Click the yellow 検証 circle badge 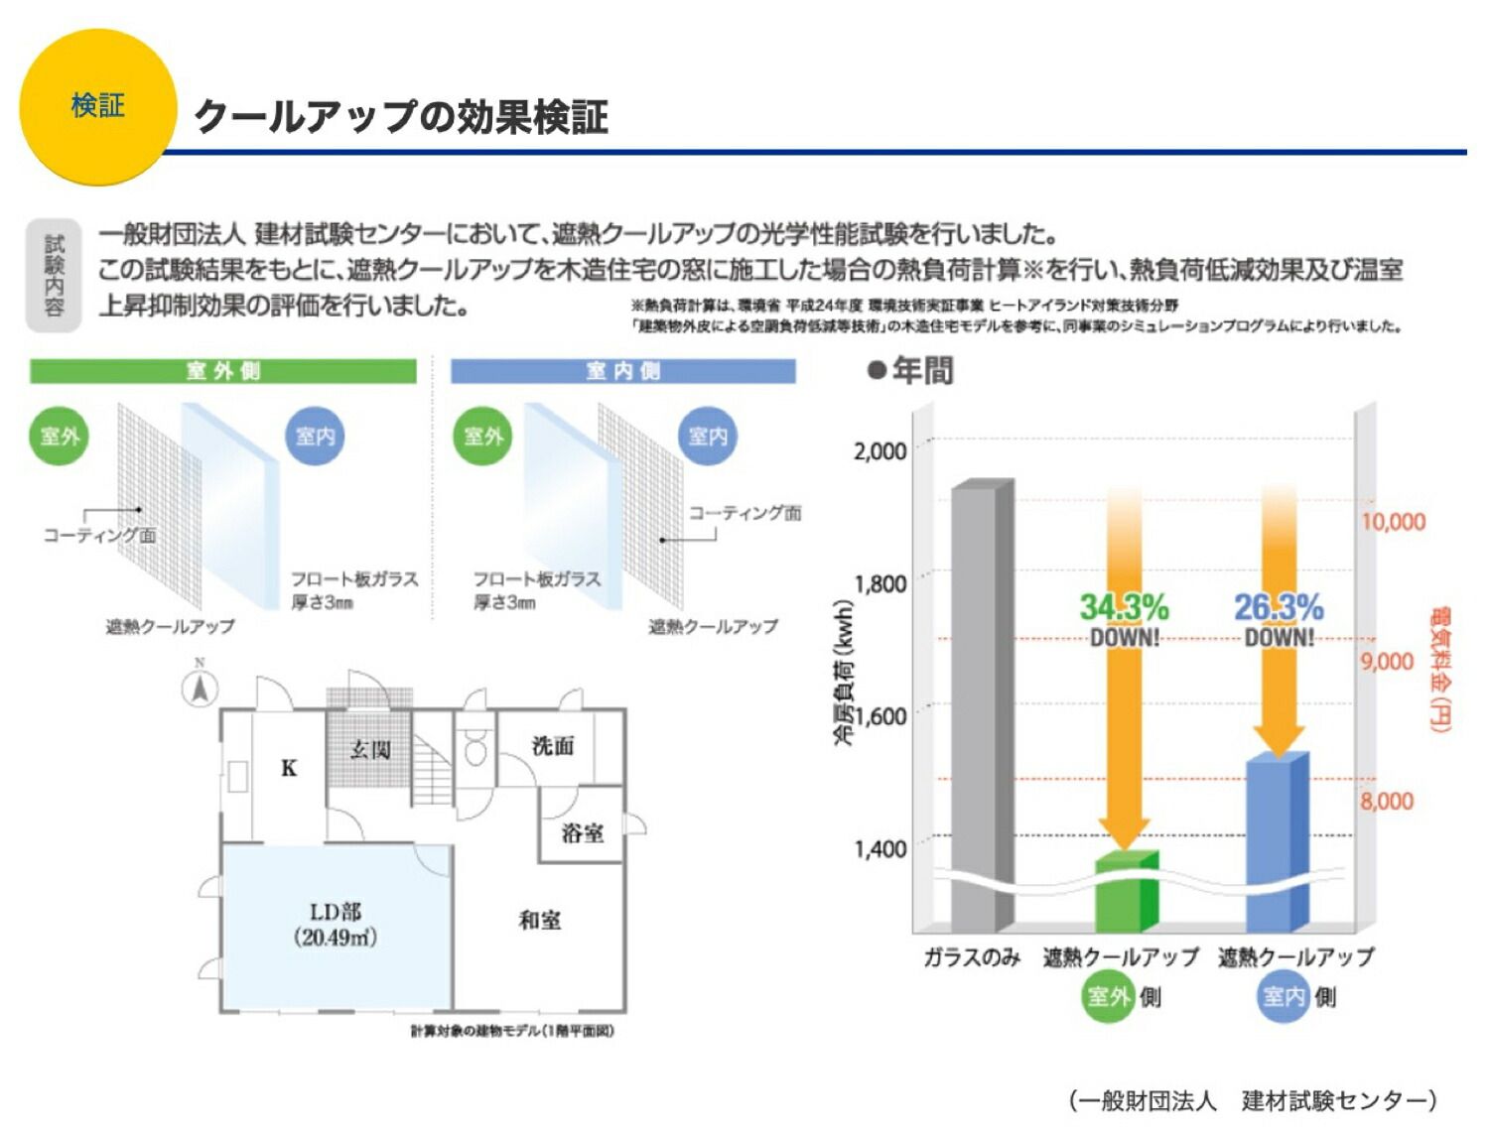[97, 106]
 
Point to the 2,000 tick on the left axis [880, 450]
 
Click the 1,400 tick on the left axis [880, 849]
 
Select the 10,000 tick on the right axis [1393, 522]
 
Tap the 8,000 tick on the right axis [1387, 801]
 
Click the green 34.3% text [1124, 607]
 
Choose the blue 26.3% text [1279, 607]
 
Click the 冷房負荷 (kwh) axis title [844, 672]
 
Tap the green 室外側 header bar [223, 371]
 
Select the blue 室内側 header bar [623, 371]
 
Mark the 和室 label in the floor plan [540, 921]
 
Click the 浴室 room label [582, 832]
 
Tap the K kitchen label [289, 768]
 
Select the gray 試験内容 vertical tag [54, 275]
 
